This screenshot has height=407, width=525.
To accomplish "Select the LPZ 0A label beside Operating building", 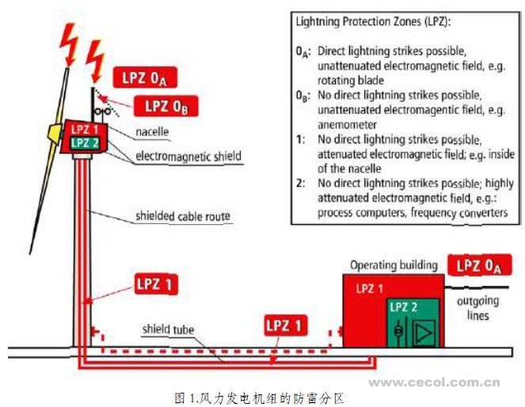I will pos(479,266).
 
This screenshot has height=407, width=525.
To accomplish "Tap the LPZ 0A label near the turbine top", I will pos(145,78).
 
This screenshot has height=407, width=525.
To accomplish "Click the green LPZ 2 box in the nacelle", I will pos(85,143).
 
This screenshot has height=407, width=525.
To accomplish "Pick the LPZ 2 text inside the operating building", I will pos(403,307).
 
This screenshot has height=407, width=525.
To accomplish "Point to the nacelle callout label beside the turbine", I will pos(152,131).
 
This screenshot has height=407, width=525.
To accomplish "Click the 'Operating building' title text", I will pos(393,264).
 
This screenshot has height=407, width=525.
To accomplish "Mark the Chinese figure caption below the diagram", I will pos(261,394).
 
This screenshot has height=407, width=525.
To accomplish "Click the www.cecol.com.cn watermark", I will pos(435,382).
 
